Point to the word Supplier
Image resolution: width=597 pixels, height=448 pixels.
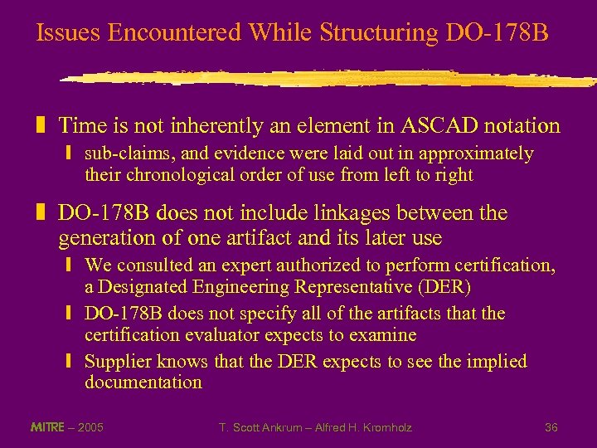[117, 362]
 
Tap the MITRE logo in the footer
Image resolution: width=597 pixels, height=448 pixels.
[48, 427]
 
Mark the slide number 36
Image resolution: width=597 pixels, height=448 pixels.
[551, 427]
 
